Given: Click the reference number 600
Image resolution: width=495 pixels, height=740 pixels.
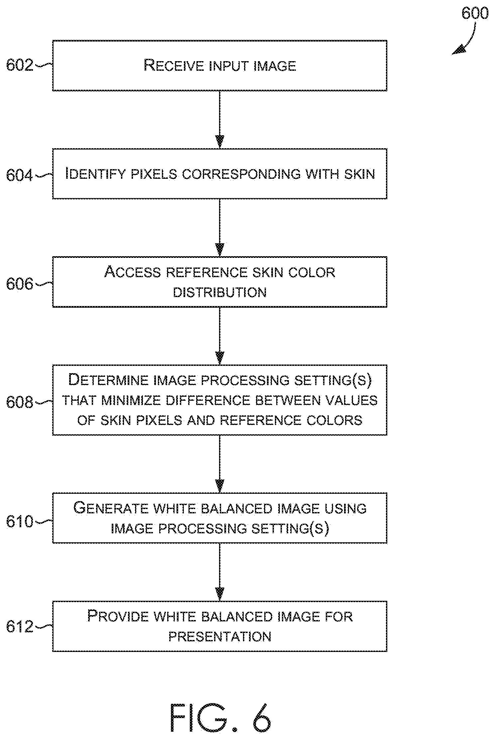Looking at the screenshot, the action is [x=475, y=14].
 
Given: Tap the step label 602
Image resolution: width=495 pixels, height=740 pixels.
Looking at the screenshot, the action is [x=20, y=65].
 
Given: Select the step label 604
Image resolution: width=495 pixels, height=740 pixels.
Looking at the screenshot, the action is [x=20, y=175].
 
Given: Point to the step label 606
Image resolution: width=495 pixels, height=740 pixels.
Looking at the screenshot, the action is [x=20, y=284].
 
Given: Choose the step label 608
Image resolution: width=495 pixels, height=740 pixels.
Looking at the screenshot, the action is [x=20, y=402].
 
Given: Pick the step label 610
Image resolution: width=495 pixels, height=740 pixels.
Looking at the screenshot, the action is [x=20, y=522].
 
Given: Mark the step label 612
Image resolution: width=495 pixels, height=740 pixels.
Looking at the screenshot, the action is [x=20, y=627].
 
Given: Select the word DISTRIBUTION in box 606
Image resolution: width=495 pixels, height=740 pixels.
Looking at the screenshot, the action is [x=220, y=292].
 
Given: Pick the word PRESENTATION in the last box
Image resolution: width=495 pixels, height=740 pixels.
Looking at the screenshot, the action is [x=220, y=637].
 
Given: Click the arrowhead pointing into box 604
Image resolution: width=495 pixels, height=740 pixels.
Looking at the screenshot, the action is [x=220, y=141].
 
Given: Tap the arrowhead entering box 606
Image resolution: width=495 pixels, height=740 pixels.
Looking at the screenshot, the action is [x=220, y=250].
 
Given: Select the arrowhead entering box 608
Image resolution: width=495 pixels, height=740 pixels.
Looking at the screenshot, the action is [x=220, y=358].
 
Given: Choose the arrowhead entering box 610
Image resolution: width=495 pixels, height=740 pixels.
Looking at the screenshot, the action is [x=220, y=486].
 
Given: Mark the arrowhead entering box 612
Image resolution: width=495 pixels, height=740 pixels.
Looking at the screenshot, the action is [x=220, y=594].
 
